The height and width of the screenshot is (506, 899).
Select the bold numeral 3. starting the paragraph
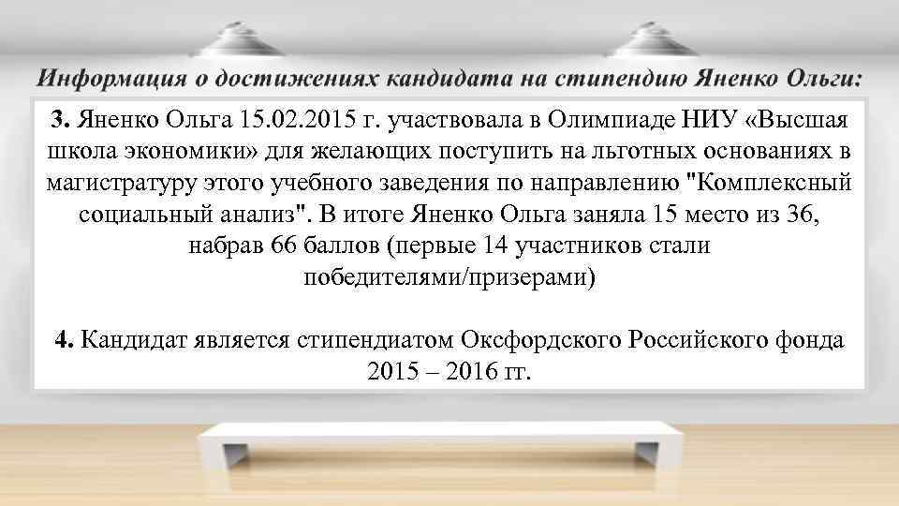61,120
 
